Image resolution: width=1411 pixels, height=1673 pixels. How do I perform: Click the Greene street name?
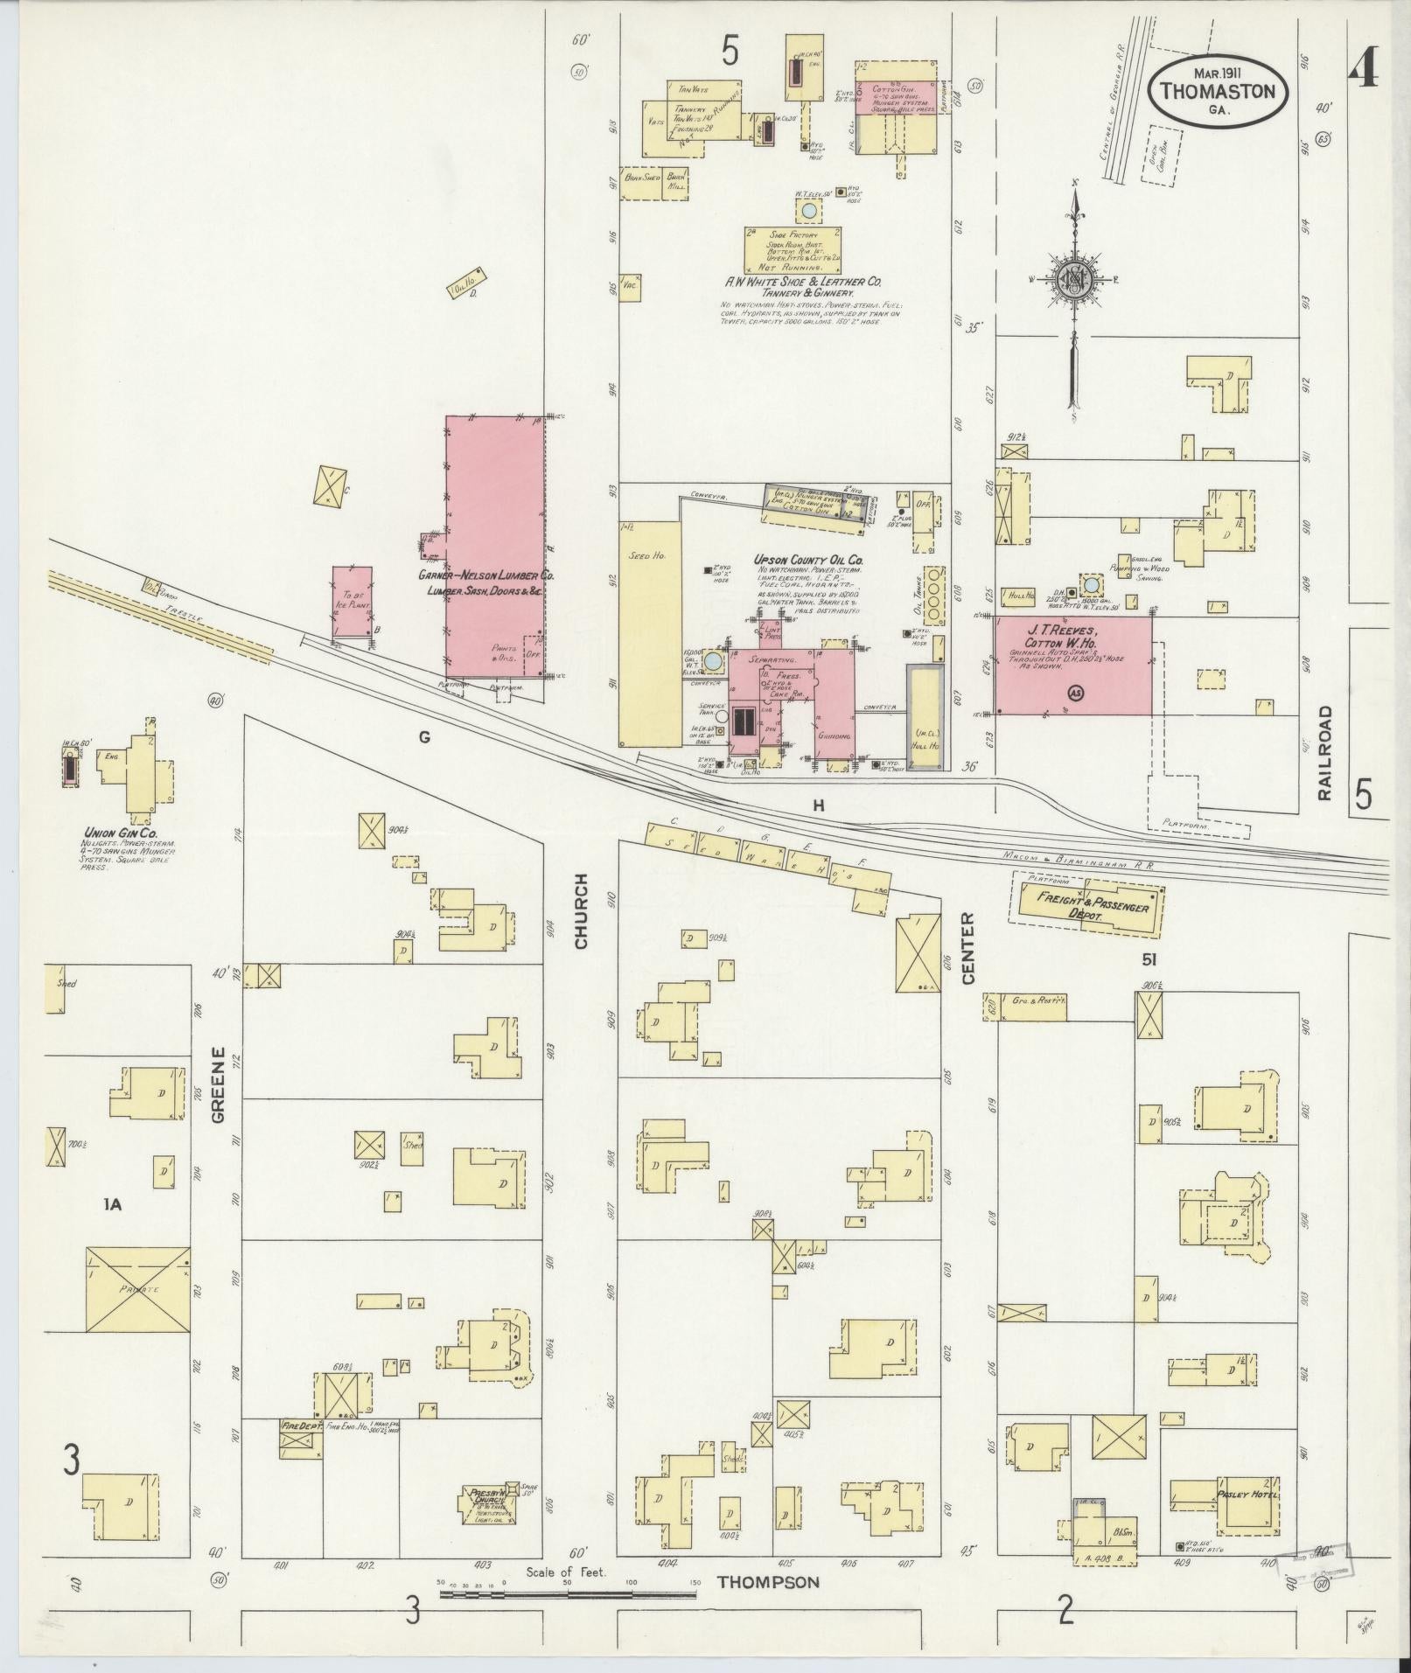[x=218, y=1084]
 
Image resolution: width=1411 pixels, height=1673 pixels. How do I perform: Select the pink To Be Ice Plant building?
[x=352, y=602]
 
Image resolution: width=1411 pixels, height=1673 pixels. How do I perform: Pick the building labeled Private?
[x=138, y=1290]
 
